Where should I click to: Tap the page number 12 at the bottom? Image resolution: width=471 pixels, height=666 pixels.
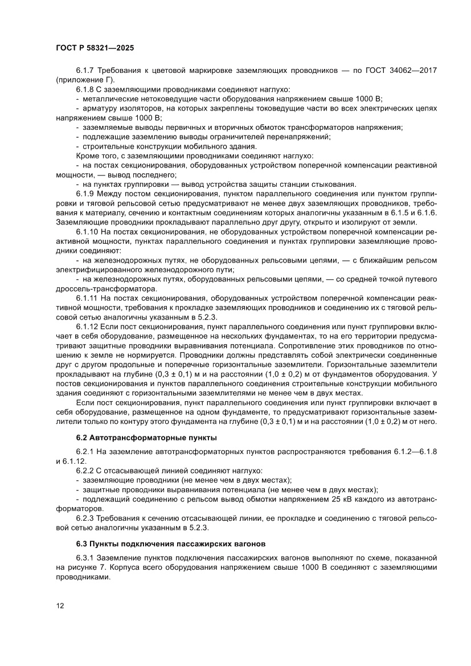coord(60,606)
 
